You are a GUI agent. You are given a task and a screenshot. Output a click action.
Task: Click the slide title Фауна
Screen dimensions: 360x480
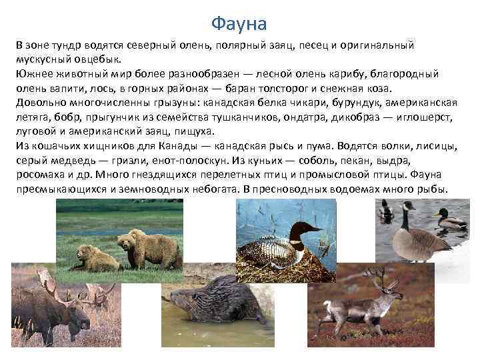(x=239, y=24)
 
